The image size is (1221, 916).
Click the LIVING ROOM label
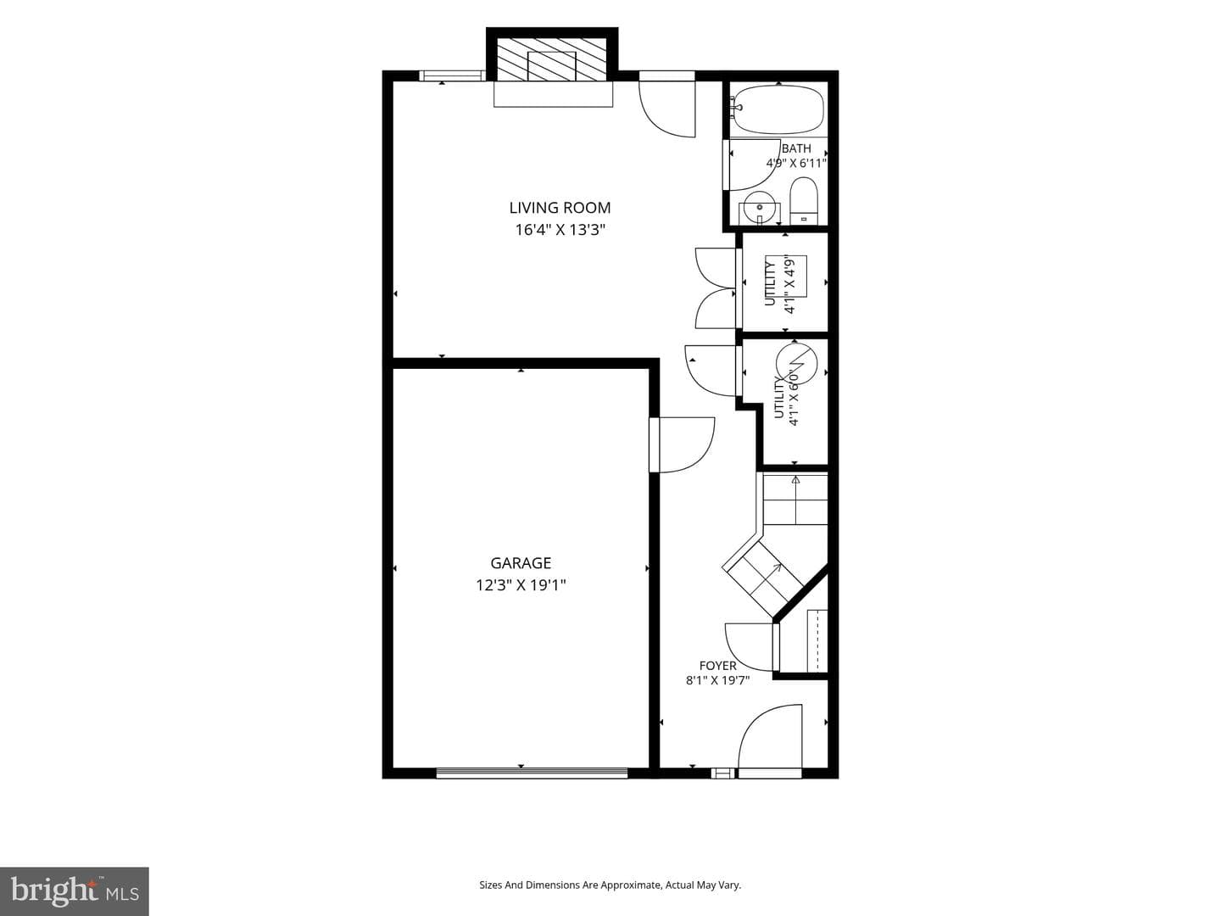tap(560, 208)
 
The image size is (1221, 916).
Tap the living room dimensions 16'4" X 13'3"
tap(560, 230)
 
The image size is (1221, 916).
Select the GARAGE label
tap(521, 563)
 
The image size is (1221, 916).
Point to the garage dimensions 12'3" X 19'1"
tap(521, 585)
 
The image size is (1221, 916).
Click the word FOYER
tap(717, 666)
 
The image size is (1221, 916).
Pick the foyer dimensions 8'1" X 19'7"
tap(717, 679)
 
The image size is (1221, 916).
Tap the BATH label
tap(796, 149)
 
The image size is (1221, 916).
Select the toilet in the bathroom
tap(803, 201)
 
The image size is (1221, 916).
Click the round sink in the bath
tap(759, 206)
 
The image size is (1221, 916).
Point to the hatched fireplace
tap(551, 59)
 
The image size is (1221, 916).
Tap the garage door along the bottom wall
tap(532, 773)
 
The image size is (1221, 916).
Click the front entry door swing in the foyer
tap(770, 740)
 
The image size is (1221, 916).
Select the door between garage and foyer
tap(682, 445)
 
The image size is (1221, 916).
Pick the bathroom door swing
tap(752, 165)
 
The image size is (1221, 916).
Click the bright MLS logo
tap(75, 891)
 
